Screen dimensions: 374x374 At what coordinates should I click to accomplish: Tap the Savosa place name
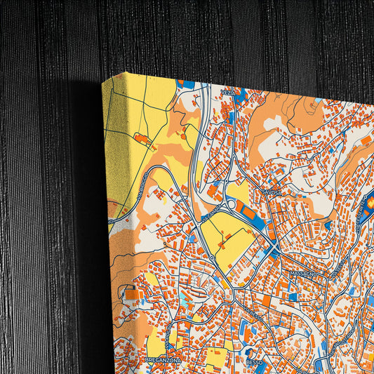click(x=272, y=191)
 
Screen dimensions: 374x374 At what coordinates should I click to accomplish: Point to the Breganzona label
click(x=163, y=359)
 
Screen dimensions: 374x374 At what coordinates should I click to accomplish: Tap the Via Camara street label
click(x=208, y=219)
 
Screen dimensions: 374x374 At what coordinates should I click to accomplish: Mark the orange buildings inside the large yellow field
click(x=224, y=245)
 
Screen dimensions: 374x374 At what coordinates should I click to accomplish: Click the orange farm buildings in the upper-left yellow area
click(x=143, y=140)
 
